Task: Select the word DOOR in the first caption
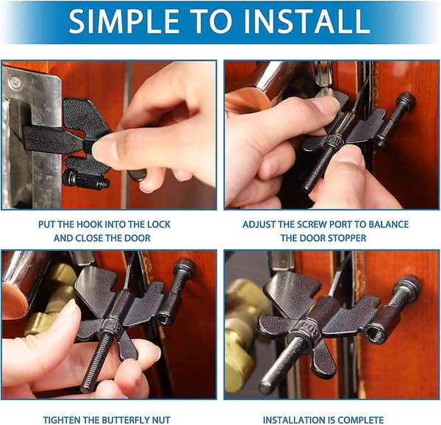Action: click(138, 238)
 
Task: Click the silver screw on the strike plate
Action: click(15, 83)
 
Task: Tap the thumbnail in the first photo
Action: click(104, 150)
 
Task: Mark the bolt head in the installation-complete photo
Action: click(407, 285)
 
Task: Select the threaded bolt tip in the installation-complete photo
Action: click(266, 387)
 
